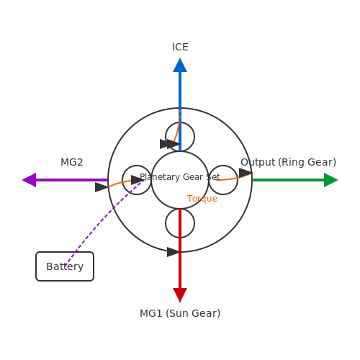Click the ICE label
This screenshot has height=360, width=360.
click(x=180, y=47)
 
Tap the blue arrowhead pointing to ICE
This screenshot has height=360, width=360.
click(x=180, y=65)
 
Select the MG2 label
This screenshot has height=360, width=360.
click(x=72, y=162)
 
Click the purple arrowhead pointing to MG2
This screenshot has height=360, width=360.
click(x=29, y=180)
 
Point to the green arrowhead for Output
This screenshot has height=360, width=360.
click(x=331, y=180)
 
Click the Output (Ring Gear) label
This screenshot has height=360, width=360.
click(x=288, y=162)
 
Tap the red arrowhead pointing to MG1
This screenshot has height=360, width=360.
click(x=180, y=295)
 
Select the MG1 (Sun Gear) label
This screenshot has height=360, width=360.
click(x=180, y=313)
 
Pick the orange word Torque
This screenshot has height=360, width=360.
click(x=202, y=199)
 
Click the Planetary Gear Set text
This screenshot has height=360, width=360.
click(x=180, y=177)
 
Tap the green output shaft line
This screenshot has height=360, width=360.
click(x=288, y=180)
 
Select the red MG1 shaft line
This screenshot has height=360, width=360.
click(x=180, y=248)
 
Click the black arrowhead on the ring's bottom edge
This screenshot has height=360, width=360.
click(x=174, y=252)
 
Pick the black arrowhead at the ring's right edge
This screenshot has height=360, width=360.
click(x=246, y=173)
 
